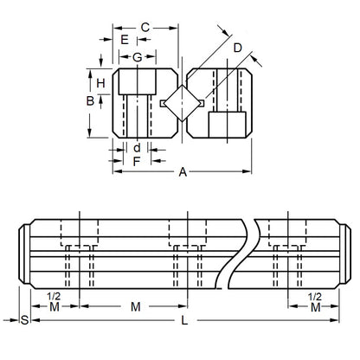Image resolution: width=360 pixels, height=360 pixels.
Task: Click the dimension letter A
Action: point(183,171)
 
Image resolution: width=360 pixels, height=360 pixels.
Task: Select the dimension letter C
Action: point(145,27)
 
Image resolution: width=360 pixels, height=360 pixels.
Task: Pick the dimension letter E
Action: point(125,41)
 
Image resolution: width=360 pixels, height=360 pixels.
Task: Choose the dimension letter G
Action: point(137,57)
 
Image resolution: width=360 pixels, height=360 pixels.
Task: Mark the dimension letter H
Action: point(100,83)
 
